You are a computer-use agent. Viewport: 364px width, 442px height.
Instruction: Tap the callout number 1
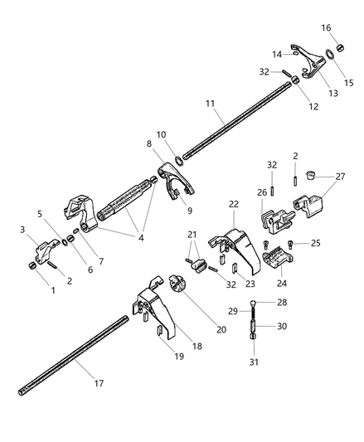53,291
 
